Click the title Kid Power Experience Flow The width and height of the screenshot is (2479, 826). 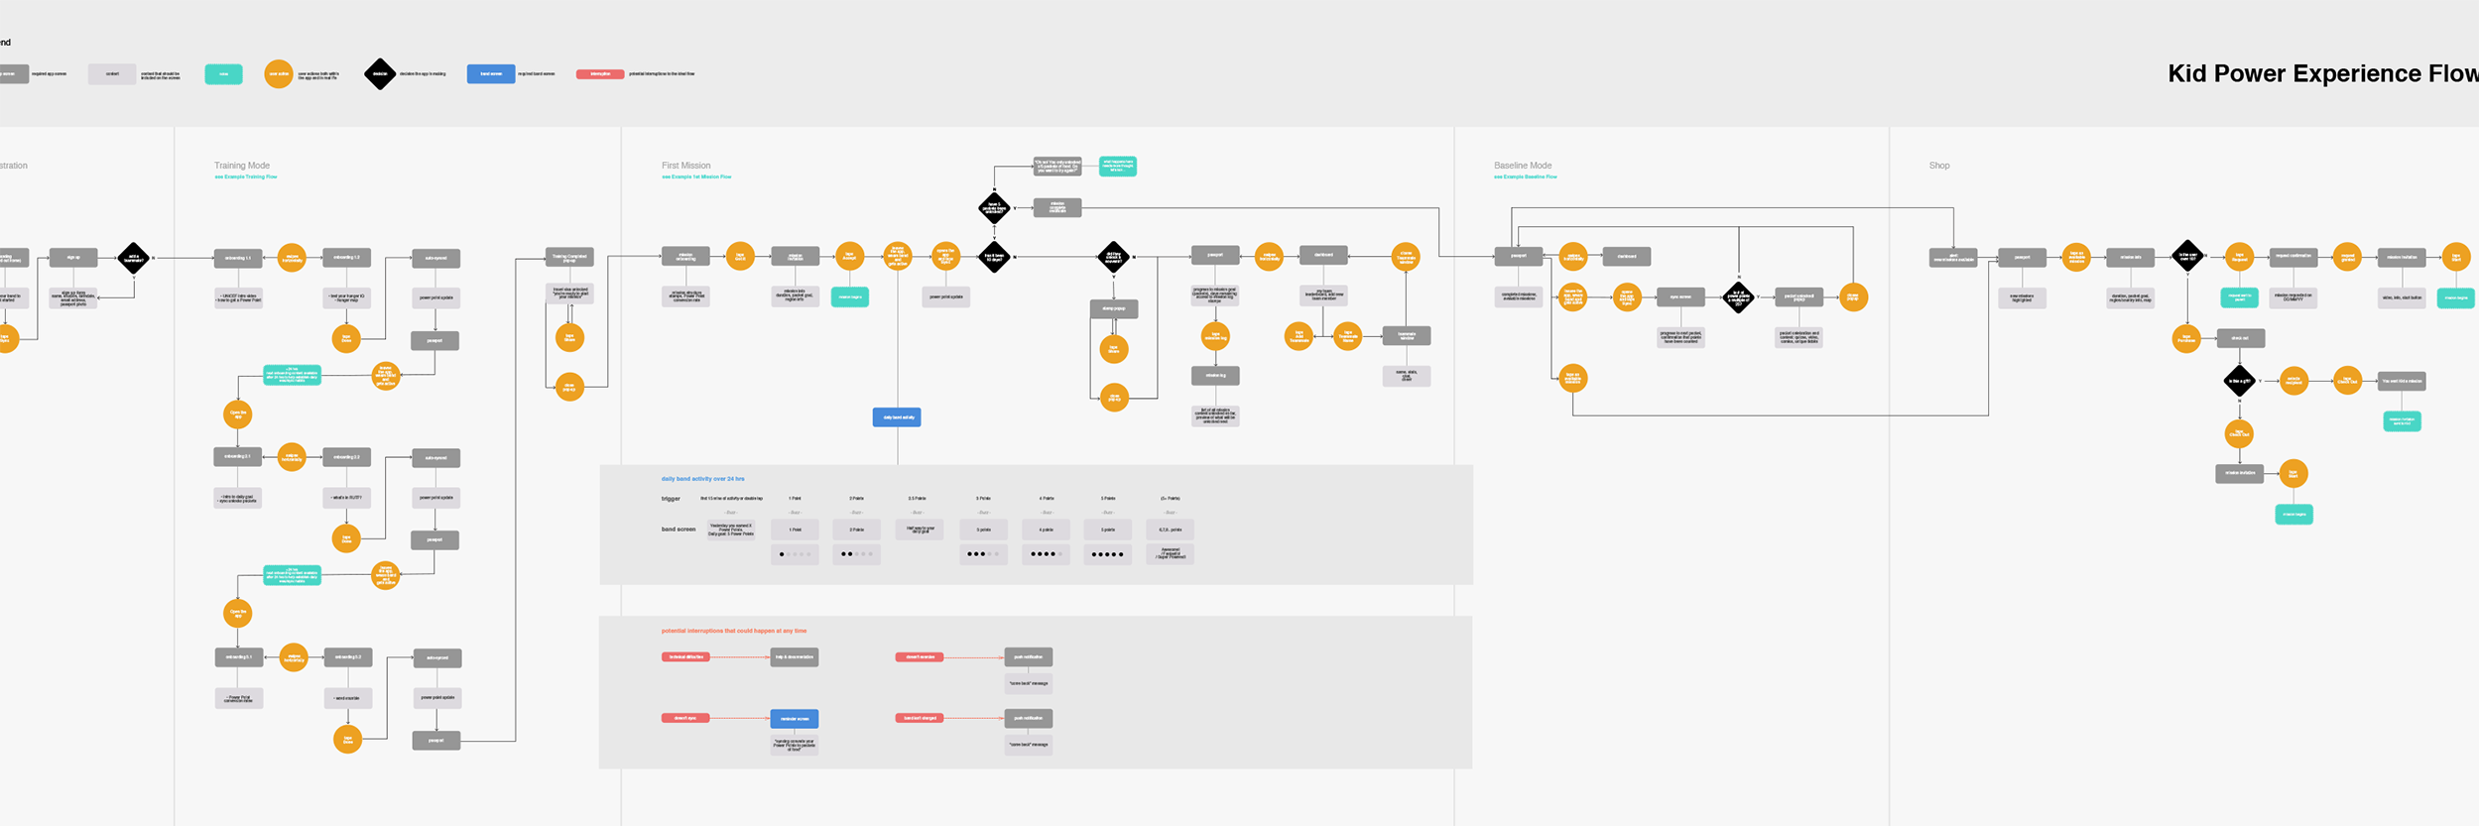(x=2321, y=73)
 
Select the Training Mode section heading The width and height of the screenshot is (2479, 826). (x=242, y=166)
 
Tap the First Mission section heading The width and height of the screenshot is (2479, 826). (x=685, y=166)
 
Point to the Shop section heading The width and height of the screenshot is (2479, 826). (x=1938, y=166)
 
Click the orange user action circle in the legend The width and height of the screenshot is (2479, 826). (x=279, y=74)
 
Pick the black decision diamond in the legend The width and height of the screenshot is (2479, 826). (x=380, y=74)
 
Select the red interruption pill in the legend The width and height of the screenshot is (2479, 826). (x=600, y=74)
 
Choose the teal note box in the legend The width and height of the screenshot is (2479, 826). (x=223, y=74)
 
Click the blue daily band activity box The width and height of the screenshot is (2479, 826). (x=897, y=417)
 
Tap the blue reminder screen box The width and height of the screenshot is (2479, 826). (x=795, y=719)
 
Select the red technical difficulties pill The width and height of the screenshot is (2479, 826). (x=685, y=657)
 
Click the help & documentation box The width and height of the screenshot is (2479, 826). (x=795, y=657)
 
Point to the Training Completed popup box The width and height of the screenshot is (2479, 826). (x=569, y=258)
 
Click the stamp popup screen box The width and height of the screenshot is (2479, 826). (x=1114, y=309)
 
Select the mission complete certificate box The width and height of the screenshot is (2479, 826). (x=1057, y=208)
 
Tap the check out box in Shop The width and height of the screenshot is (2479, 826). (x=2240, y=338)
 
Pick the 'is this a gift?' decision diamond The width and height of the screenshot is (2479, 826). (x=2239, y=381)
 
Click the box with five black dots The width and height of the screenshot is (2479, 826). (x=1107, y=555)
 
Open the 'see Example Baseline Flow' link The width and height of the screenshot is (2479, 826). (x=1525, y=177)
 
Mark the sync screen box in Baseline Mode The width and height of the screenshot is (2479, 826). (x=1680, y=296)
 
